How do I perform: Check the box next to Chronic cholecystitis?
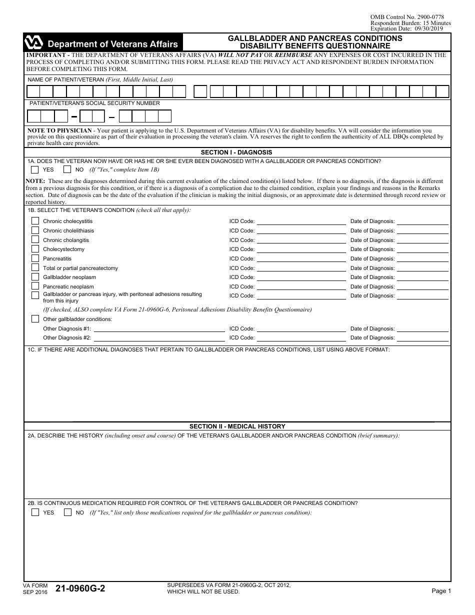(35, 221)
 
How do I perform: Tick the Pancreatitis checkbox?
(35, 258)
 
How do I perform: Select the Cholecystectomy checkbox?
(35, 249)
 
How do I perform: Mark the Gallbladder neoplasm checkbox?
(35, 277)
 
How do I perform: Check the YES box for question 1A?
(35, 169)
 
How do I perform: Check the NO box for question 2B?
(67, 512)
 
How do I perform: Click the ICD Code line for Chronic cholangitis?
(300, 240)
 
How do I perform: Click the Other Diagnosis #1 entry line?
(159, 329)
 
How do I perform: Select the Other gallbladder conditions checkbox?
(35, 319)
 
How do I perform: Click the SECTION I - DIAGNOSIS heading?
(236, 152)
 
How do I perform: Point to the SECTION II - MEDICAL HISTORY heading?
(237, 426)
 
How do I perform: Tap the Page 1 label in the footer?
(441, 591)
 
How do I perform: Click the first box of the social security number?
(34, 116)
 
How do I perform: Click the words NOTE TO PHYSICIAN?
(59, 130)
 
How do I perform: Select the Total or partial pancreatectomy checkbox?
(35, 268)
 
